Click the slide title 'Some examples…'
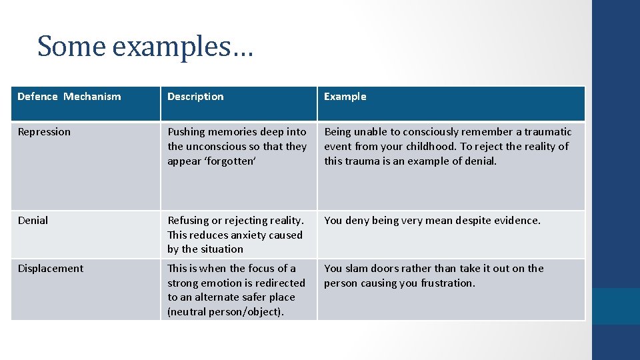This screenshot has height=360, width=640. (x=145, y=46)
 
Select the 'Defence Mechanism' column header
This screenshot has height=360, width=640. (x=69, y=97)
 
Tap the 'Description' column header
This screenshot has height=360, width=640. (x=195, y=97)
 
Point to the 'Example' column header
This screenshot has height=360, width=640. (x=345, y=97)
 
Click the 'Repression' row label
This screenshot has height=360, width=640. (x=44, y=132)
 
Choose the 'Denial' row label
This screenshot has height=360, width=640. (x=33, y=220)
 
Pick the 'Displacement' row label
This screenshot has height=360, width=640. (x=51, y=269)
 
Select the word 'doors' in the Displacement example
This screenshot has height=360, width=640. (x=386, y=269)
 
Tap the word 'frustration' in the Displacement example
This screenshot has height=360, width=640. (x=446, y=283)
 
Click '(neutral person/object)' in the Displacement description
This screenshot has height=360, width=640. (x=225, y=312)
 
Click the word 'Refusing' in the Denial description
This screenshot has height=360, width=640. (x=189, y=220)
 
